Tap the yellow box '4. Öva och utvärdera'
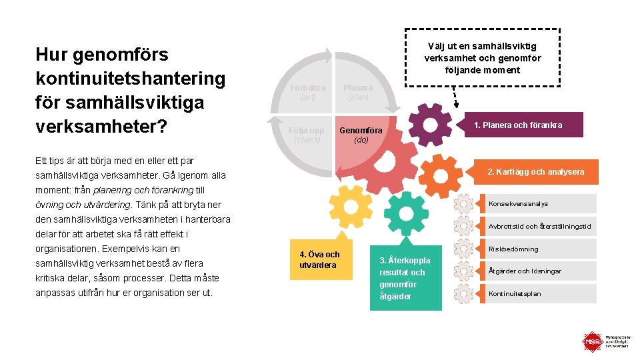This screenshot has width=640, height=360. (320, 259)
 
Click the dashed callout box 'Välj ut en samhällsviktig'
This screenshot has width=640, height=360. (483, 58)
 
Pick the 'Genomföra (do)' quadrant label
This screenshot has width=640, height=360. (361, 135)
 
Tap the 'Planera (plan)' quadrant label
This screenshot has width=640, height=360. (358, 92)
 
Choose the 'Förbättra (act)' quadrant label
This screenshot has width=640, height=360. (307, 92)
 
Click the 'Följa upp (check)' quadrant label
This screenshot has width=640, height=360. (307, 135)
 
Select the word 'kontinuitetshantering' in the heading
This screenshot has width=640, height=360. (130, 79)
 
